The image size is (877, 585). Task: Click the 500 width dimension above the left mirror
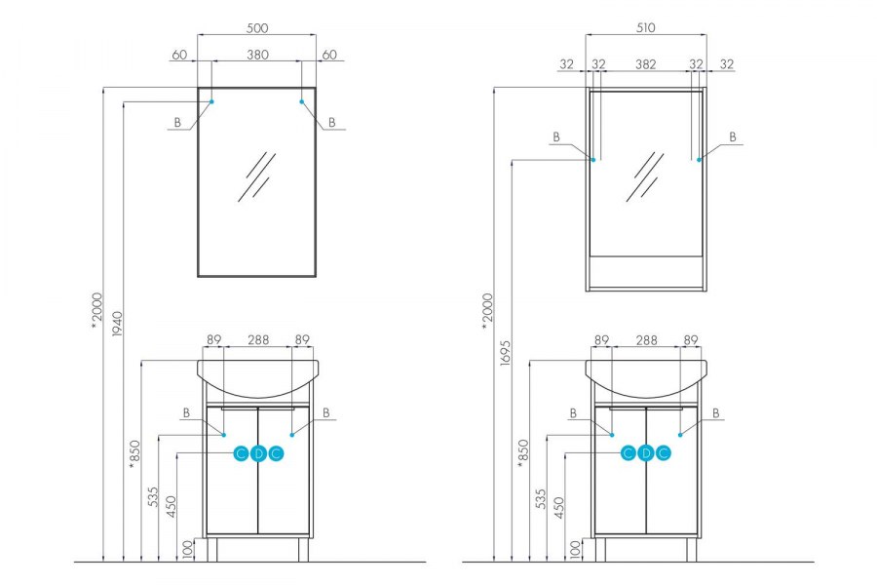(256, 28)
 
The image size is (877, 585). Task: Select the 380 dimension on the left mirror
(256, 56)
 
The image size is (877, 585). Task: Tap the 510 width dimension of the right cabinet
(645, 28)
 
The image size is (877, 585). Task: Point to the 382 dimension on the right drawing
(645, 64)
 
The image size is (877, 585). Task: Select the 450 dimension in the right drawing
(558, 507)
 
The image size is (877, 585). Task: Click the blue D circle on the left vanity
(257, 453)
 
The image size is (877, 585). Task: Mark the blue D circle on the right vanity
(645, 453)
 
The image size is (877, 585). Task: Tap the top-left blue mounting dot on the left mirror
(211, 101)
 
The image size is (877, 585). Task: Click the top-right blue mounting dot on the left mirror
(302, 101)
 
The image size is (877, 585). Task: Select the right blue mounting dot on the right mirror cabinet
(700, 161)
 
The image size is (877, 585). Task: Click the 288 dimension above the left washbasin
(257, 340)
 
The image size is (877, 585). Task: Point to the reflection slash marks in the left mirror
(256, 175)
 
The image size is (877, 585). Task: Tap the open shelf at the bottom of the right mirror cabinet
(645, 272)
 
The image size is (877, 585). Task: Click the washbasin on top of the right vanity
(645, 379)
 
